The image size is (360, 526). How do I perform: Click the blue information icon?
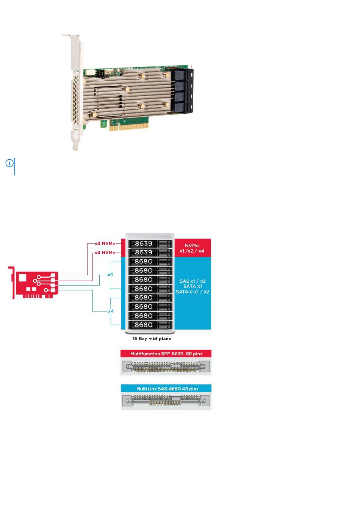click(x=9, y=163)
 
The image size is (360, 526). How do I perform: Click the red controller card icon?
click(x=33, y=283)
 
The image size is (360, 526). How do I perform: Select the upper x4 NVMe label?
click(x=105, y=243)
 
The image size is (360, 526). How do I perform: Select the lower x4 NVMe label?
click(x=105, y=253)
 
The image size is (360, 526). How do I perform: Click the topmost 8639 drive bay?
click(x=150, y=243)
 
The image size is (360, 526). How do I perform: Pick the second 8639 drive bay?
click(x=150, y=253)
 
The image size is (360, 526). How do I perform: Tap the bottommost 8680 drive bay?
click(x=150, y=325)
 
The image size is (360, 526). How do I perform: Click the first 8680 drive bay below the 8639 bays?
click(x=150, y=261)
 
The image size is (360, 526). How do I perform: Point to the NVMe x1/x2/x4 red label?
click(x=192, y=248)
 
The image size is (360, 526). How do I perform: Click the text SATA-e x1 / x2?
click(x=193, y=292)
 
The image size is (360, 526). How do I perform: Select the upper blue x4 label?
click(x=110, y=275)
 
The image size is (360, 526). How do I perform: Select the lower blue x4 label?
click(x=111, y=311)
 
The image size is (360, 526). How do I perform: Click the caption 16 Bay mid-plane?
click(x=152, y=339)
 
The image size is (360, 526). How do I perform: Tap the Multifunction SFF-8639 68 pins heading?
click(x=166, y=354)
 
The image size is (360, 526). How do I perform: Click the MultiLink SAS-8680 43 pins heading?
click(x=167, y=389)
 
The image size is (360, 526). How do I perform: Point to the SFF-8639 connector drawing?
click(x=166, y=367)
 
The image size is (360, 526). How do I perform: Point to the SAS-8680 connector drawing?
click(x=166, y=400)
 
